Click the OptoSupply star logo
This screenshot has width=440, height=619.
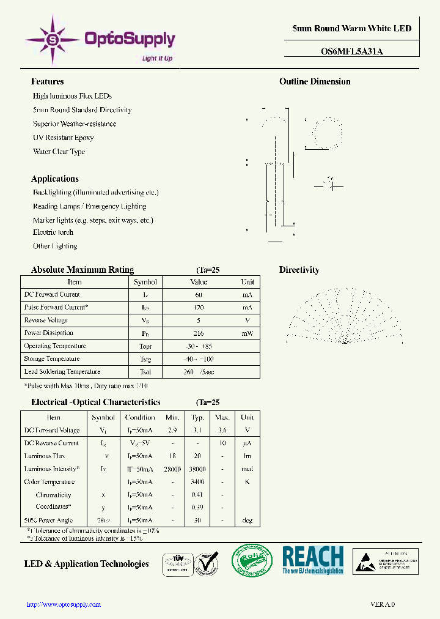52,40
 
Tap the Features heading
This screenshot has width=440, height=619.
47,81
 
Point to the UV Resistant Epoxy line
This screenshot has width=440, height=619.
63,138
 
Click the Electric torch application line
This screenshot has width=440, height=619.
53,232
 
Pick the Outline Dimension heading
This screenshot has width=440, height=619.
315,81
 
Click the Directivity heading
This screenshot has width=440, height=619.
299,270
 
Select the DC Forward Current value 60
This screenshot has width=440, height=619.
199,295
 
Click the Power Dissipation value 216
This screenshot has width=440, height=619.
199,333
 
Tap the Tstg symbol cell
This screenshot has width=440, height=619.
145,359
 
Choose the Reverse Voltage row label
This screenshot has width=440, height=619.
46,321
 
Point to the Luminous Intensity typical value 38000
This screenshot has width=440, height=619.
197,469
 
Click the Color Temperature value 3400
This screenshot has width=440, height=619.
197,482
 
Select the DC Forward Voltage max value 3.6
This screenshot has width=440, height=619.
222,431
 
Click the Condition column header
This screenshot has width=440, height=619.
140,418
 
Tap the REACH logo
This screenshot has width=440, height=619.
312,560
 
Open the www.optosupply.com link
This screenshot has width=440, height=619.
64,604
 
